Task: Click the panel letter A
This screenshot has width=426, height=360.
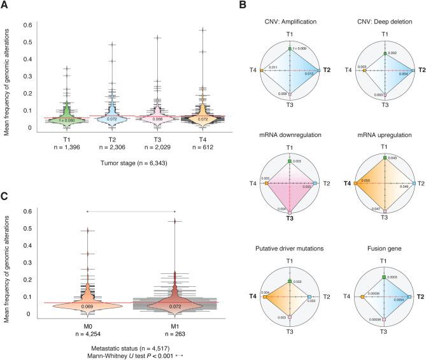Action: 5,5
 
